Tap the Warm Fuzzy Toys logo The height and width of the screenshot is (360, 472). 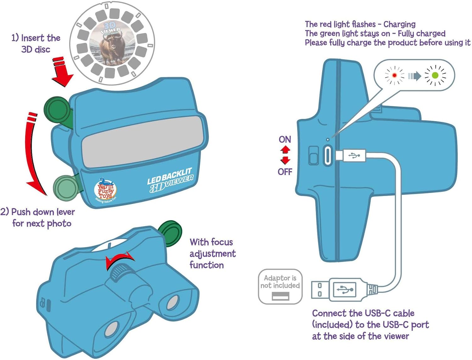pos(105,189)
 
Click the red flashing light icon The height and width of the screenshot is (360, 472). pos(395,76)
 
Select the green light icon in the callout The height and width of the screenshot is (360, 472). pos(435,76)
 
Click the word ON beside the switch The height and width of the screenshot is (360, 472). pos(285,139)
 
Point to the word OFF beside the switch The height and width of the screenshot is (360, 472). pos(285,172)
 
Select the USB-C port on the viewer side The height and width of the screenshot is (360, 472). pos(328,155)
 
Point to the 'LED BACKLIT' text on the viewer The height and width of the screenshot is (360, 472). pos(170,176)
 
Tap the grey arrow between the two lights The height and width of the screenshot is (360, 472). pos(414,76)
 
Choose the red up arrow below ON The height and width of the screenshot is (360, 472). pos(285,150)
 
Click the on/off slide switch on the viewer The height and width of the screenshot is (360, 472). pos(313,155)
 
